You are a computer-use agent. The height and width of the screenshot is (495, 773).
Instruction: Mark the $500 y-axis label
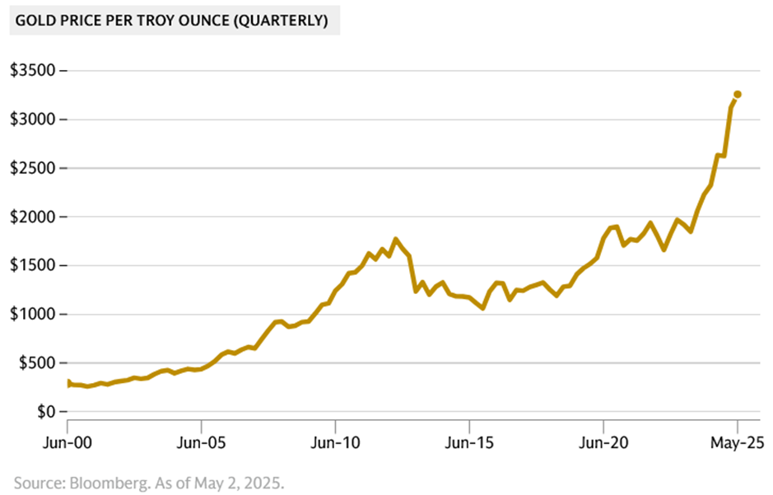pyautogui.click(x=35, y=362)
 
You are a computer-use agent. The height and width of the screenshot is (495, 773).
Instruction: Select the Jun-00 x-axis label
pyautogui.click(x=68, y=442)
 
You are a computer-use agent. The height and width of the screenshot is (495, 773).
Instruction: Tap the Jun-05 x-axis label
pyautogui.click(x=202, y=442)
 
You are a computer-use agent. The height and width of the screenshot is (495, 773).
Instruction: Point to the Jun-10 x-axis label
pyautogui.click(x=335, y=442)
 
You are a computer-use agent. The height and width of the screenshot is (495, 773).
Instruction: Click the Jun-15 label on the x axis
pyautogui.click(x=469, y=442)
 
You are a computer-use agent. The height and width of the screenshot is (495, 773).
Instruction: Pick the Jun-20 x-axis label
pyautogui.click(x=603, y=442)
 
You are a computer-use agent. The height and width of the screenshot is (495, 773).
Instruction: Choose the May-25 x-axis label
pyautogui.click(x=738, y=442)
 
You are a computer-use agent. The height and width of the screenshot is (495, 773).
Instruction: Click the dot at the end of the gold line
pyautogui.click(x=738, y=95)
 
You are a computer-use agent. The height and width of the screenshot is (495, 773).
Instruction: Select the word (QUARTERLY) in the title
pyautogui.click(x=282, y=21)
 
